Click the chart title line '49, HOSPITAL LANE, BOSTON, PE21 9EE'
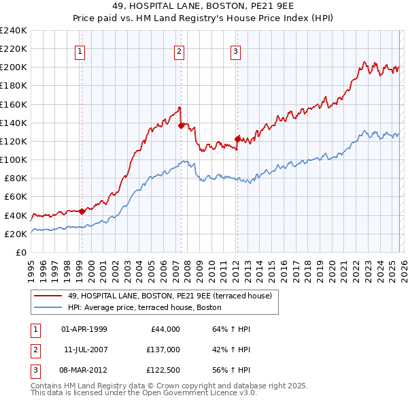click(204, 6)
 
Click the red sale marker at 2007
click(181, 125)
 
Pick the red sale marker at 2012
click(237, 139)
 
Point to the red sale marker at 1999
click(82, 211)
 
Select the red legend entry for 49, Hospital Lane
click(169, 296)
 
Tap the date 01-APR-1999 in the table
click(84, 329)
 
